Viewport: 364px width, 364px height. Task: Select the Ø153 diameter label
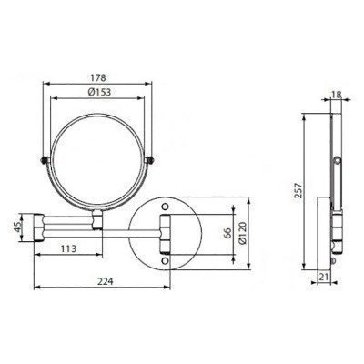[101, 93]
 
